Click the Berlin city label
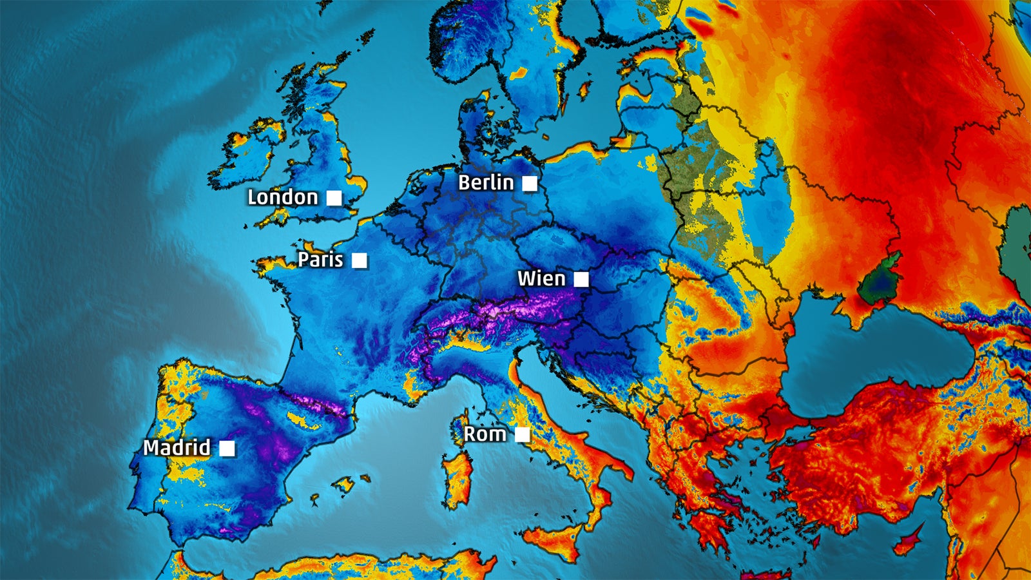tap(486, 183)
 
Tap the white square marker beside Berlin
tap(530, 184)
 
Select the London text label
tap(283, 197)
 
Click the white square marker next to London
tap(334, 198)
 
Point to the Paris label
tap(320, 260)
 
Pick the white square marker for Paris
tap(360, 260)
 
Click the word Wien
tap(541, 279)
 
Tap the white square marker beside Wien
tap(581, 279)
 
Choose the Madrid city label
tap(177, 447)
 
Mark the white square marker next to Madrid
tap(227, 448)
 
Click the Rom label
tap(485, 434)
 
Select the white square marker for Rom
tap(523, 435)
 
